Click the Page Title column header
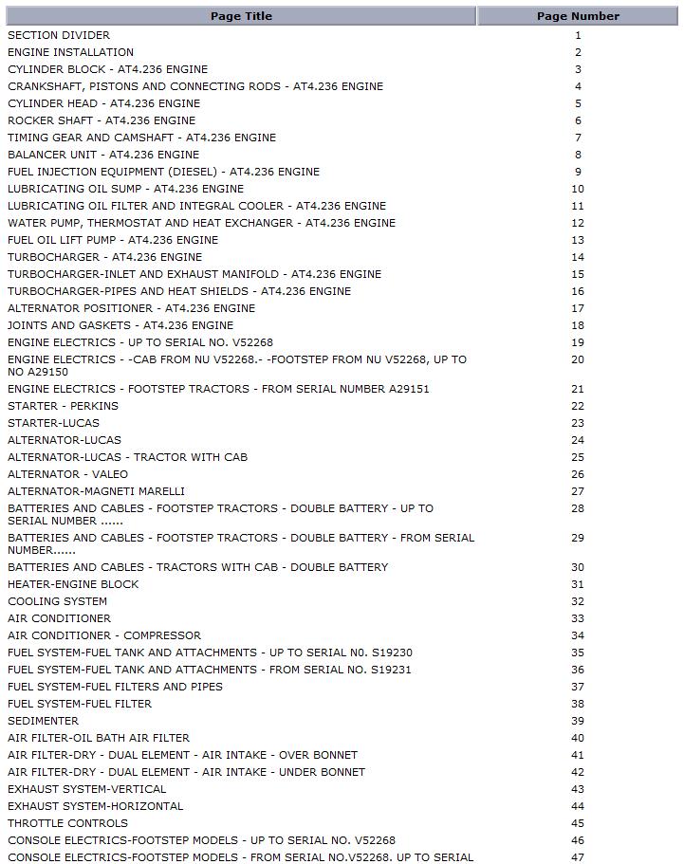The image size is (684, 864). [x=241, y=16]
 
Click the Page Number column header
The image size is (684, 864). [x=578, y=16]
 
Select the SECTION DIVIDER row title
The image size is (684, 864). [x=59, y=35]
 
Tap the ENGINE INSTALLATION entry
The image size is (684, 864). [x=70, y=52]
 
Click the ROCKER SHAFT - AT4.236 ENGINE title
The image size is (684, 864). [x=102, y=120]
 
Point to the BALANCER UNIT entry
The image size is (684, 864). [x=103, y=155]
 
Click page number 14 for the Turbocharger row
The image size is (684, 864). [x=578, y=257]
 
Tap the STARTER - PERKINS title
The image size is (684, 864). [x=63, y=406]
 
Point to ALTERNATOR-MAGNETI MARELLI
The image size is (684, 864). [x=96, y=491]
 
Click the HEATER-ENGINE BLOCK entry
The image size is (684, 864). [x=73, y=584]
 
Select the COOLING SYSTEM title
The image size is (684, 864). [x=57, y=601]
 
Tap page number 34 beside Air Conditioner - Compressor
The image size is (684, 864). [x=578, y=635]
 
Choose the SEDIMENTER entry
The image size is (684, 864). [x=43, y=721]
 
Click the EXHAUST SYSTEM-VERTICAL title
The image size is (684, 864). [x=86, y=789]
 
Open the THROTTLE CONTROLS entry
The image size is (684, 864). [x=67, y=823]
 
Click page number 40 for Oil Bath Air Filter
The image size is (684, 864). [x=578, y=738]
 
